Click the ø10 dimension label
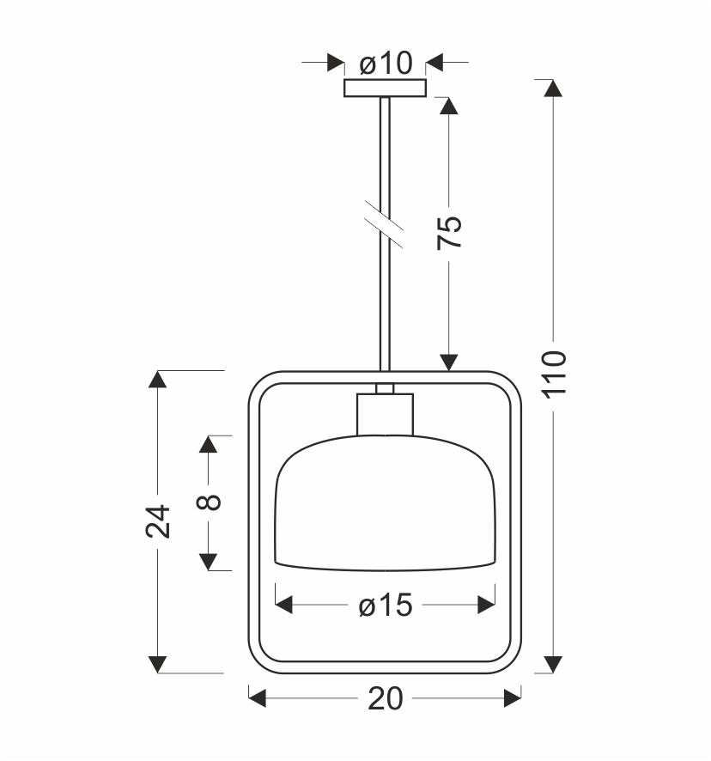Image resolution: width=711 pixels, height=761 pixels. tap(386, 63)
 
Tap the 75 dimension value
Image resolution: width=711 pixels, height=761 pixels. tap(449, 233)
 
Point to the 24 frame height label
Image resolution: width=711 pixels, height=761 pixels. tap(158, 521)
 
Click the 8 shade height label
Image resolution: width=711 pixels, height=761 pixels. tap(209, 502)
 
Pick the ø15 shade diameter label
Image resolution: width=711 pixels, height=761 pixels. tap(386, 606)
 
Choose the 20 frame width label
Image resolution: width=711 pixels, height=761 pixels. tap(386, 698)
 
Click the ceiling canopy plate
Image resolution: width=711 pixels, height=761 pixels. tap(385, 88)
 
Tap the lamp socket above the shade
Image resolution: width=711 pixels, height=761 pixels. tap(385, 415)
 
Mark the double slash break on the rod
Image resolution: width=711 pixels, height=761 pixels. tap(383, 223)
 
